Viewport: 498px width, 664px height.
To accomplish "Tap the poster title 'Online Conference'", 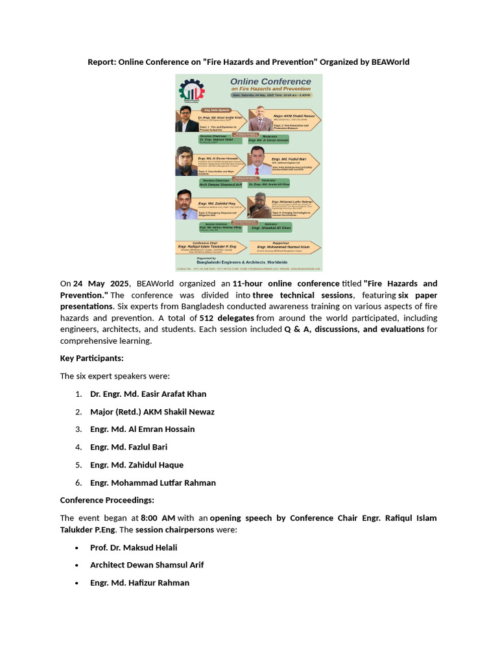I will (x=271, y=82).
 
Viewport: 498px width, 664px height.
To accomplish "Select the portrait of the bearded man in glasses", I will (x=185, y=161).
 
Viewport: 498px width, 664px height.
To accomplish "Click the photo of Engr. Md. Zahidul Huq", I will (x=186, y=205).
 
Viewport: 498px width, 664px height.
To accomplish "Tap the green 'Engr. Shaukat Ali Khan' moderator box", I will (x=271, y=228).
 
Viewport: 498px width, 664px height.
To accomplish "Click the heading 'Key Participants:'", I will (x=91, y=358).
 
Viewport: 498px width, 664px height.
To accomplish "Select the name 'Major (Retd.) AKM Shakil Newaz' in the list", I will (x=152, y=412).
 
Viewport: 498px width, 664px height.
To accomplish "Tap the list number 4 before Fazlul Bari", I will (x=78, y=447).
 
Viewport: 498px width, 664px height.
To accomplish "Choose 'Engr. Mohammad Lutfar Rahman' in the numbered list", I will (x=153, y=482).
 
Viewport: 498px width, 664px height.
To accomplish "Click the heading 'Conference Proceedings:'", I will (x=107, y=500).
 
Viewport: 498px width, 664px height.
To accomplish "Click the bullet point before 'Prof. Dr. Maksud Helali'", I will (x=78, y=548).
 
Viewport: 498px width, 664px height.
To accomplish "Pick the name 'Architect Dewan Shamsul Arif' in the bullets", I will (x=147, y=565).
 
